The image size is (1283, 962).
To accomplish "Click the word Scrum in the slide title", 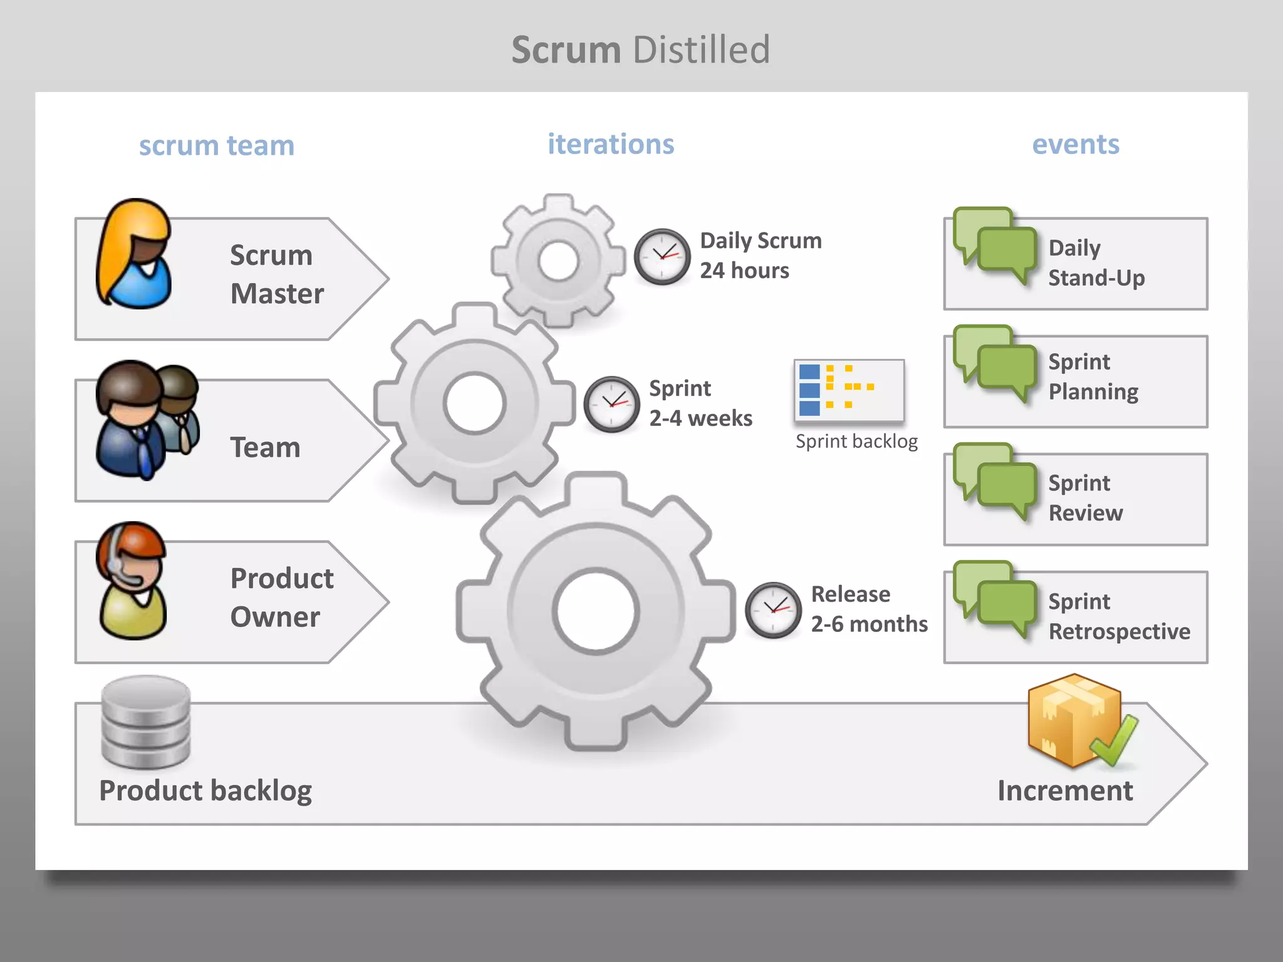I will (x=566, y=50).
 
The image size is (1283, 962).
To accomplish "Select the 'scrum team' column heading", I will (x=216, y=145).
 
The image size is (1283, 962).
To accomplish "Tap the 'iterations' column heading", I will (x=611, y=144).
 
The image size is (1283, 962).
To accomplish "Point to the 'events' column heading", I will (x=1076, y=144).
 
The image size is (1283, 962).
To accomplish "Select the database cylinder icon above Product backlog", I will (x=146, y=722).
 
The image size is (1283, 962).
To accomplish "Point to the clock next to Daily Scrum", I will (x=662, y=257).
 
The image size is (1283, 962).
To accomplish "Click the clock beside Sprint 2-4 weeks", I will (x=611, y=404).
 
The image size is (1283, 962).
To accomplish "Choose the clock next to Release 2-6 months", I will (x=773, y=610).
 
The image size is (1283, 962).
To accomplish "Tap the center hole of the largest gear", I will (x=595, y=611).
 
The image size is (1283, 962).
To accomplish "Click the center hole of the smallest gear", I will (x=558, y=261).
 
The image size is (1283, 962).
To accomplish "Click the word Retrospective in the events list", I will (x=1119, y=631).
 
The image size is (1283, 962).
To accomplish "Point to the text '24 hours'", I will (x=744, y=271).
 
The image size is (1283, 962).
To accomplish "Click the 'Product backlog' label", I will (x=205, y=790).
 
